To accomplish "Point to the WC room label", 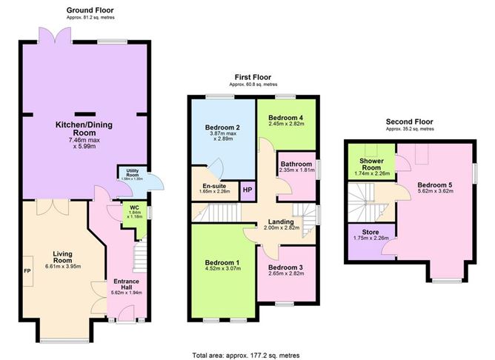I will click(134, 207).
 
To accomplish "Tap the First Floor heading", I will click(253, 76).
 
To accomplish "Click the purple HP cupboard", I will click(247, 190).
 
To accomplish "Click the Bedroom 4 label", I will click(285, 118).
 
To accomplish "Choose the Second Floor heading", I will click(409, 121).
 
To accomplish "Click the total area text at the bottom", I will click(247, 353).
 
